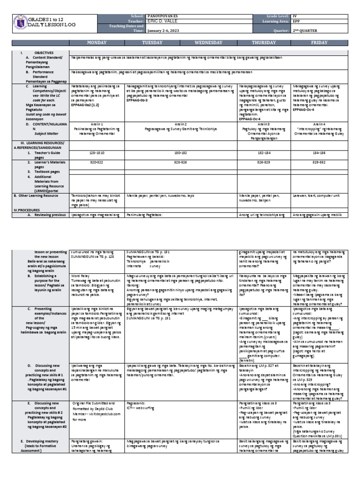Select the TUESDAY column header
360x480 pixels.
pyautogui.click(x=152, y=43)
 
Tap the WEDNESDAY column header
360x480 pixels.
pyautogui.click(x=209, y=43)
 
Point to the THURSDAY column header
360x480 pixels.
pyautogui.click(x=264, y=43)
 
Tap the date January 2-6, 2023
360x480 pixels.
pyautogui.click(x=164, y=31)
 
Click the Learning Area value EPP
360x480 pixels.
pyautogui.click(x=297, y=21)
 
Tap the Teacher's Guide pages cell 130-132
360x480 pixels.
pyautogui.click(x=181, y=153)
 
